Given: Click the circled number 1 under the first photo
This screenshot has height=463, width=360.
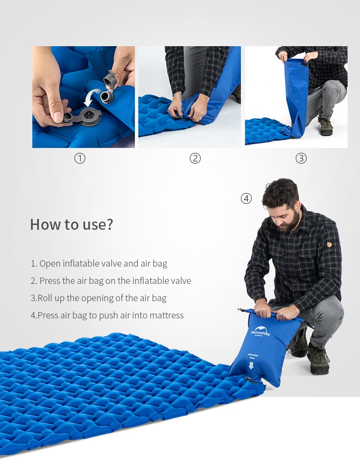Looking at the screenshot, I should click(80, 158).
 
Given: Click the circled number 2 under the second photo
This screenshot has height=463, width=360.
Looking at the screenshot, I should click(195, 158).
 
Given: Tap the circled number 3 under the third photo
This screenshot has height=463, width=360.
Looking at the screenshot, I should click(301, 158).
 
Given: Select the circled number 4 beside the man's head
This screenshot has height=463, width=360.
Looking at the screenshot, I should click(246, 198).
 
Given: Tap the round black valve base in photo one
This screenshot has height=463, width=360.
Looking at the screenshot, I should click(90, 114).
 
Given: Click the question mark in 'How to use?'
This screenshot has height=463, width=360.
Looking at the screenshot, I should click(109, 224).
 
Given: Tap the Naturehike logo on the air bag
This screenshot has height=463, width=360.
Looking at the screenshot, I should click(260, 332).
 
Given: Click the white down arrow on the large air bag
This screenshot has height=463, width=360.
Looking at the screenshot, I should click(251, 365).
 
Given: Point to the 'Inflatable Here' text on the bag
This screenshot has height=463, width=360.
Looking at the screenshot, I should click(253, 356).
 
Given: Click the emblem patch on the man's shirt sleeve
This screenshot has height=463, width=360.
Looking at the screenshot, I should click(329, 244).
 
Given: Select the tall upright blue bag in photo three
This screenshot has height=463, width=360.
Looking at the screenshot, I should click(296, 94).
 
